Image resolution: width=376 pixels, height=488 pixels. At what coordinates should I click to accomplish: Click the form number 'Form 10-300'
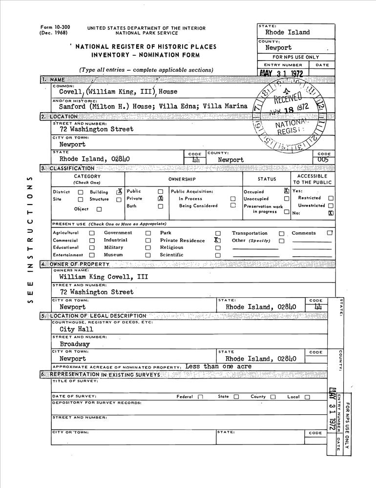point(53,28)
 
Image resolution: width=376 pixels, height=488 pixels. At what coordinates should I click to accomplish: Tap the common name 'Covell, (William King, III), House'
point(118,91)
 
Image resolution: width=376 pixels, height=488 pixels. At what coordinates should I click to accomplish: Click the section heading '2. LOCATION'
point(59,117)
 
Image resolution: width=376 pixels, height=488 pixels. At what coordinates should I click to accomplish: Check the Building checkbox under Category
point(119,192)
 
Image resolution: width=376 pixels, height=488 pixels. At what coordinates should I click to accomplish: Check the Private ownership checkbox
point(160,199)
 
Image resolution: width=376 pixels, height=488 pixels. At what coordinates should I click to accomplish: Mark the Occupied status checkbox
point(287,191)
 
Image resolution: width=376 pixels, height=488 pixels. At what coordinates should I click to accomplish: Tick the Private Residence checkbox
point(218,240)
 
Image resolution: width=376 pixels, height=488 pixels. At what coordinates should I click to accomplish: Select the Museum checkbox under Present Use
point(148,255)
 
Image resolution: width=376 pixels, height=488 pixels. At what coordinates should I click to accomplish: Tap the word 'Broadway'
point(75,344)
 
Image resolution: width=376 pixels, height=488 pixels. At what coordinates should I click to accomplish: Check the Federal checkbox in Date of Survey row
point(200,397)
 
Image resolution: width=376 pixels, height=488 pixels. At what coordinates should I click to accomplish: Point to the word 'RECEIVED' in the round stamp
point(289,98)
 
